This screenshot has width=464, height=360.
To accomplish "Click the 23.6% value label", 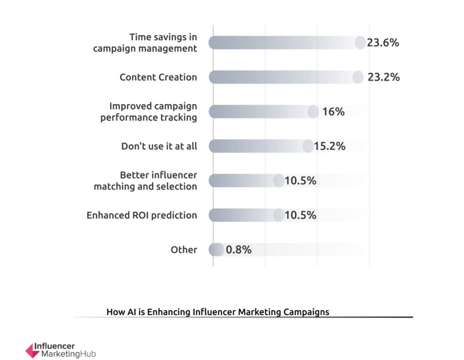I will click(383, 43).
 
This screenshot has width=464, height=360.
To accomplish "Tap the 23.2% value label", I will click(383, 77).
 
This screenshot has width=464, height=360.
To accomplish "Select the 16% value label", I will click(333, 112).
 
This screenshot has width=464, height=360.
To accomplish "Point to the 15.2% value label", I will click(330, 146).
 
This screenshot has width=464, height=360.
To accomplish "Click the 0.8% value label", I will click(239, 250).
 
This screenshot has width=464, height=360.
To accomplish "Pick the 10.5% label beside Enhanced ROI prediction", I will click(300, 215).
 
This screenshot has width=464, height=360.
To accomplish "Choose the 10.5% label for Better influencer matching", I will click(300, 181).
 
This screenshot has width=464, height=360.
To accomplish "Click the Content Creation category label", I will click(158, 77).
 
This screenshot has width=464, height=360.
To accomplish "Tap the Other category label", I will click(184, 250).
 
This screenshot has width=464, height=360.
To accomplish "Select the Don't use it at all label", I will click(159, 146).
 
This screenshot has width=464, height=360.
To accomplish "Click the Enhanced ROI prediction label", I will click(142, 215).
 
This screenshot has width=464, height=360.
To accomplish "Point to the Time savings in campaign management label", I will click(145, 43).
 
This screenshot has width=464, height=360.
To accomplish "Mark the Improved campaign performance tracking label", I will click(149, 112).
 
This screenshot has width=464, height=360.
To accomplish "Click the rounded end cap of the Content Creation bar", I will click(358, 77).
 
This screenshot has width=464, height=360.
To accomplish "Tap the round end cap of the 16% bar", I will click(313, 112).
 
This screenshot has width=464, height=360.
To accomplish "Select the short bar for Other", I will click(216, 250).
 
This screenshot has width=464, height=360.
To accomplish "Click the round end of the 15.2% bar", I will click(308, 146).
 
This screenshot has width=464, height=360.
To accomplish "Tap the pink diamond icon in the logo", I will click(32, 351).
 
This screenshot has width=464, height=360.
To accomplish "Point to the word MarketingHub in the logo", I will click(68, 354).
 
